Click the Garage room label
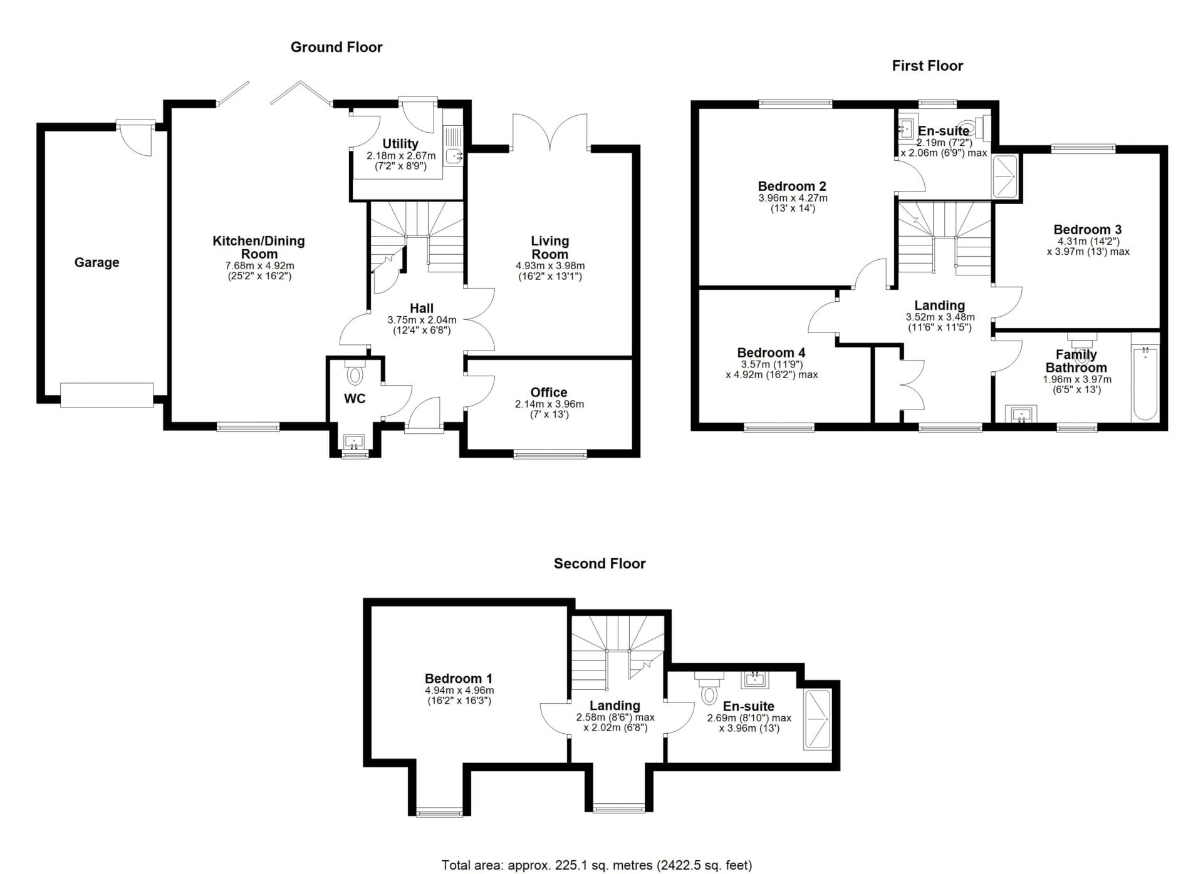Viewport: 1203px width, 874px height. pos(96,262)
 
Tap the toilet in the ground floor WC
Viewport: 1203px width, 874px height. pos(355,373)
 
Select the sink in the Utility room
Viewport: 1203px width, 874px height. pos(453,155)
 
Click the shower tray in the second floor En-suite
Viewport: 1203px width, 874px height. pos(818,720)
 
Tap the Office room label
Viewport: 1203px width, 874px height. pos(549,393)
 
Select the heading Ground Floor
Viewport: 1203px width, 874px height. pos(336,47)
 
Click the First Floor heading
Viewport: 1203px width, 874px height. pos(927,66)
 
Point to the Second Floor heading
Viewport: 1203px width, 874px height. pos(600,563)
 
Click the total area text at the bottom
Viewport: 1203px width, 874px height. pos(596,865)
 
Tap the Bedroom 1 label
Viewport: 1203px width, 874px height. pos(459,679)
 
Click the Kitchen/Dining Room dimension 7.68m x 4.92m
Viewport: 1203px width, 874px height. pos(259,266)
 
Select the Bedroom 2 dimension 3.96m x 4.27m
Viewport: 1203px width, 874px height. pos(793,198)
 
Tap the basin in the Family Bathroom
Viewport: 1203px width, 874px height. pos(1021,414)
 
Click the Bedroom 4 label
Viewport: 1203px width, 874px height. pos(771,352)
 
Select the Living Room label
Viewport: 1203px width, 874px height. pos(550,247)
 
